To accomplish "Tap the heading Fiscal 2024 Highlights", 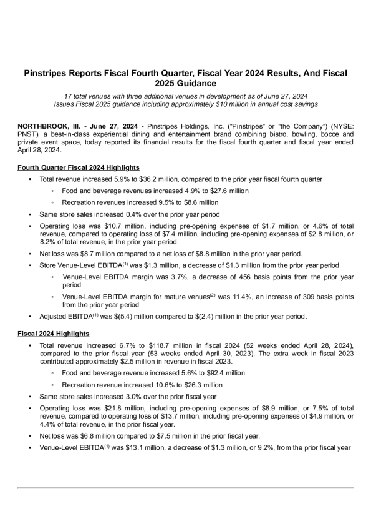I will [x=55, y=334].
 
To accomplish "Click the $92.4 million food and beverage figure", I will [x=232, y=372].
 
